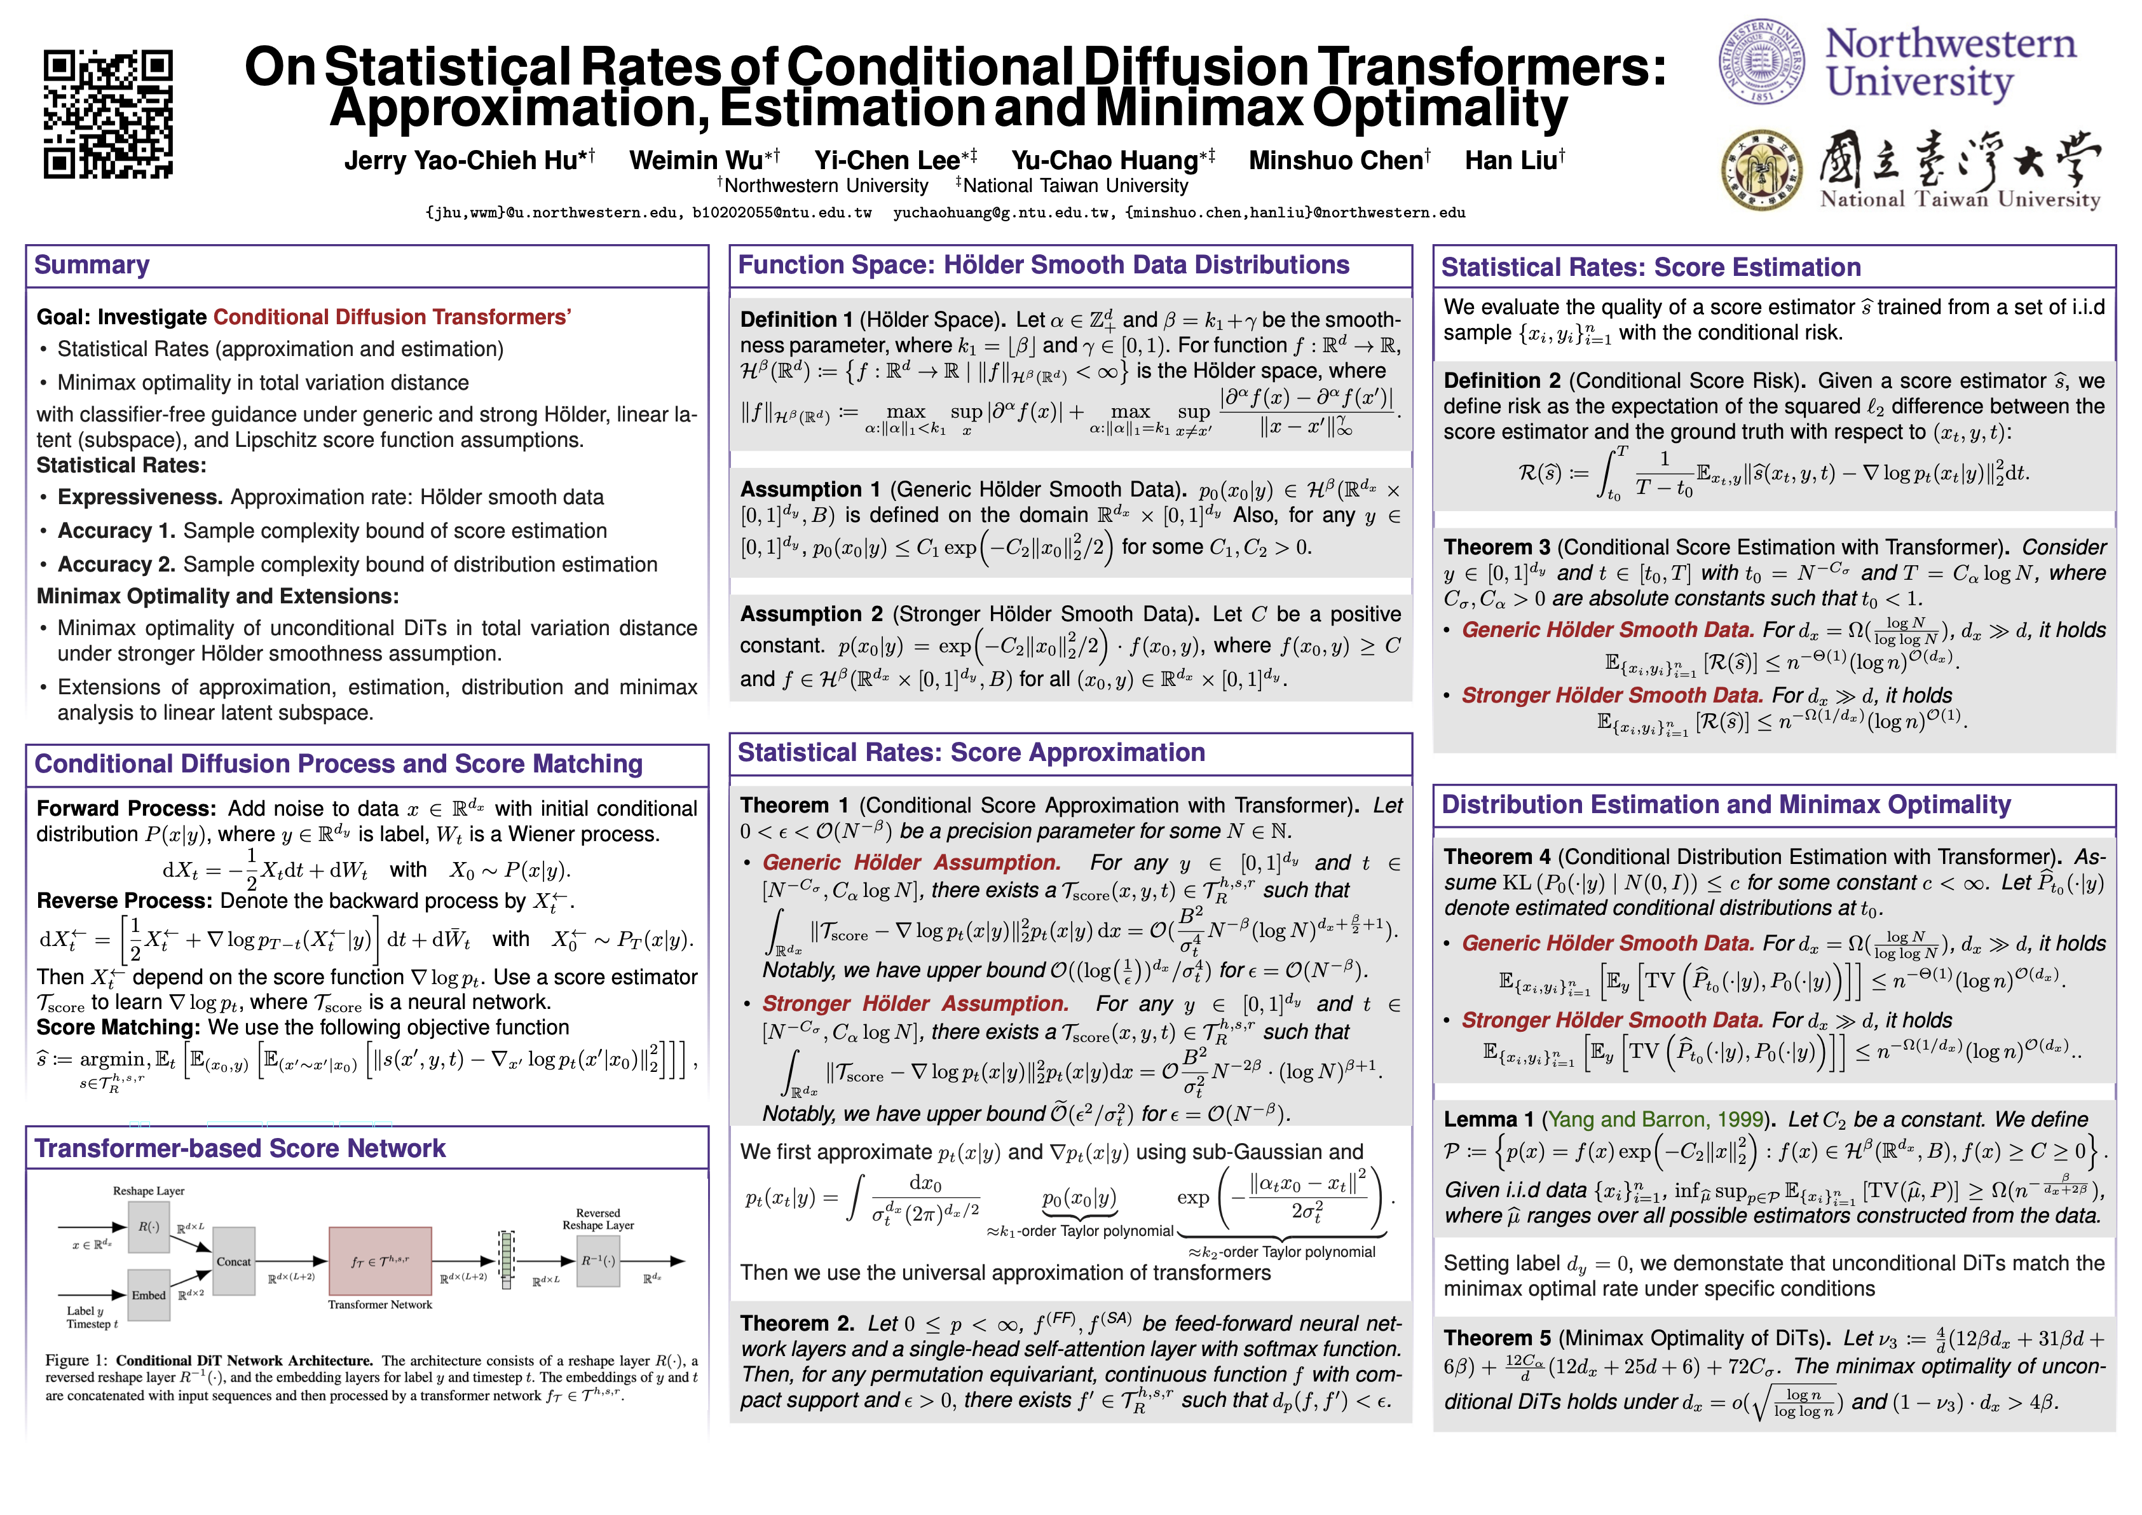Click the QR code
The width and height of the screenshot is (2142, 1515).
point(107,114)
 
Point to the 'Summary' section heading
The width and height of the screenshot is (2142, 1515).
point(92,265)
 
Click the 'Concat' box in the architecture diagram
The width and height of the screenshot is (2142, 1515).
point(233,1261)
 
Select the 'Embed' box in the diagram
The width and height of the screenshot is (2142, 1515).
point(148,1295)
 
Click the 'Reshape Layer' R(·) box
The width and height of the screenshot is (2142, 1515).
point(148,1227)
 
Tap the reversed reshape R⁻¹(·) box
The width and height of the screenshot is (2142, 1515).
point(598,1260)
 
